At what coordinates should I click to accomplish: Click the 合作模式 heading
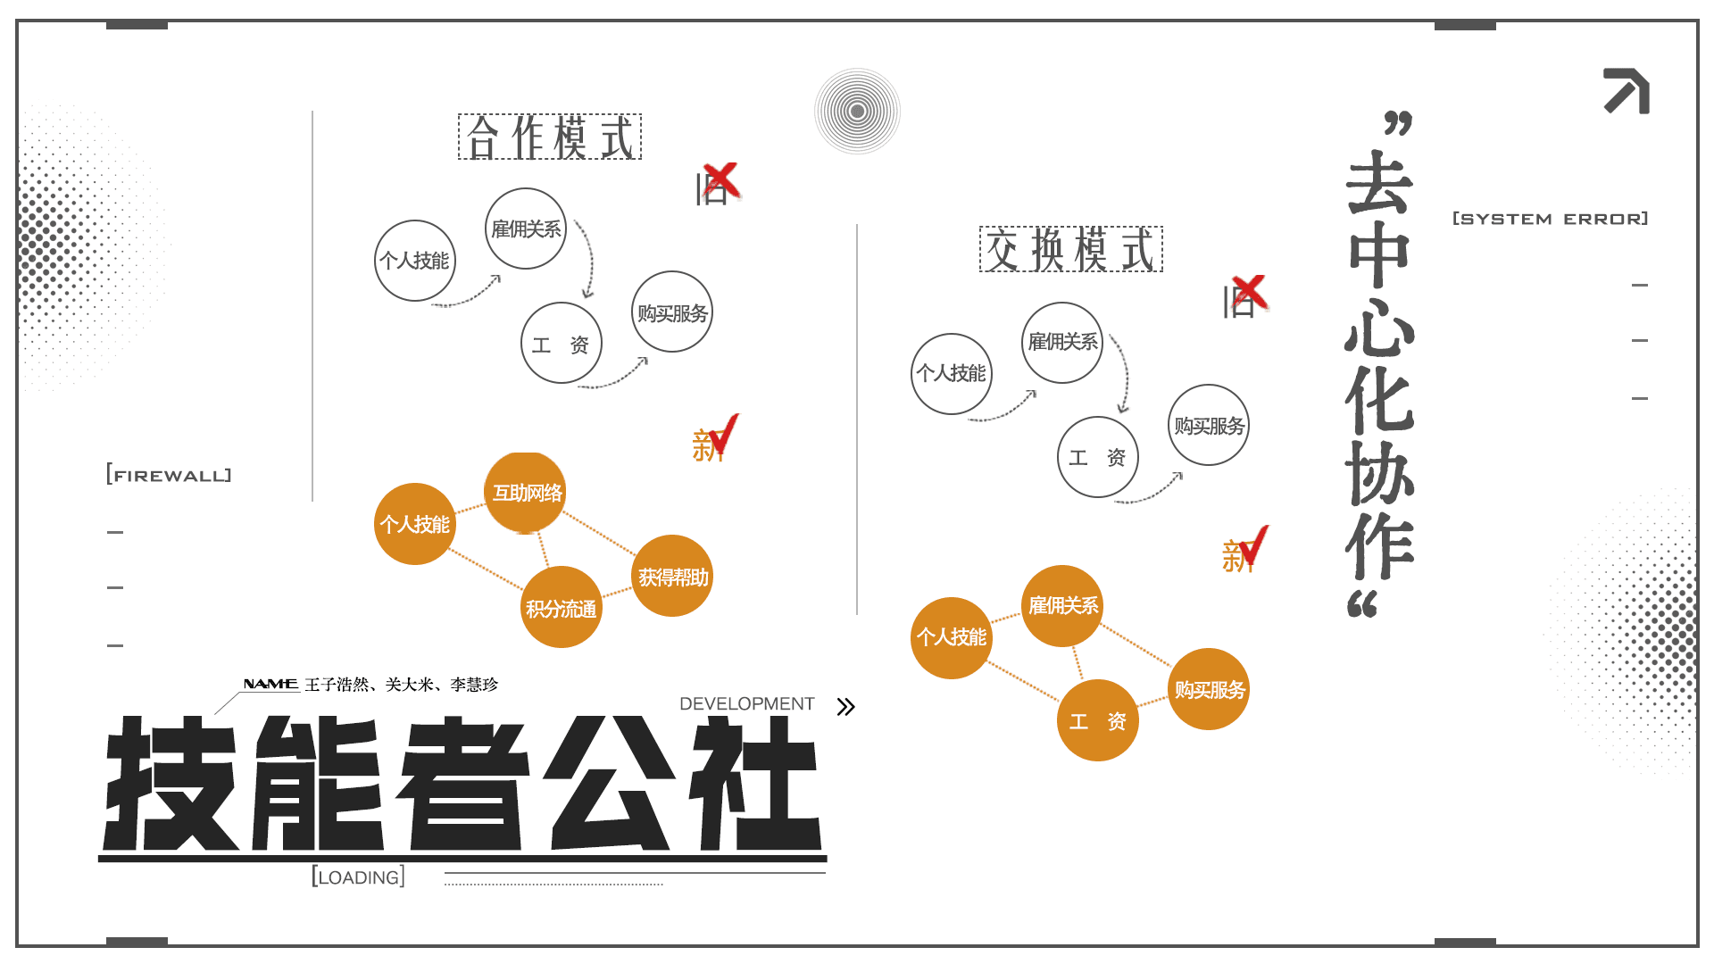(550, 137)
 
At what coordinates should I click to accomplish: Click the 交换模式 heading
(1071, 249)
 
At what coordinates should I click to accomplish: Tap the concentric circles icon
(857, 112)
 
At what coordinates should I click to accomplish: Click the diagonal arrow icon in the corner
(1627, 91)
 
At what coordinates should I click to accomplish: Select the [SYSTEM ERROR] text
(1551, 219)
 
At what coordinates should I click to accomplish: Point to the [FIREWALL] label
(169, 475)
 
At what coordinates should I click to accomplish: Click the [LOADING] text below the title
(359, 877)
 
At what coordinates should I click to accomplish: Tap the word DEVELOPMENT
(747, 703)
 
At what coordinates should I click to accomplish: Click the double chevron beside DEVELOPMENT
(846, 707)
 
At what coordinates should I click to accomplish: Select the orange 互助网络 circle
(526, 493)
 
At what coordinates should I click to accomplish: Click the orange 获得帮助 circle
(672, 577)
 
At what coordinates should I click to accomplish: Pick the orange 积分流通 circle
(562, 608)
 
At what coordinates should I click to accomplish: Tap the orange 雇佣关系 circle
(1062, 606)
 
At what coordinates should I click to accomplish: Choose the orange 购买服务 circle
(1209, 689)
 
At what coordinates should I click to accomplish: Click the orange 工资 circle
(1098, 720)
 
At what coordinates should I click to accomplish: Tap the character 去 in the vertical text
(1380, 183)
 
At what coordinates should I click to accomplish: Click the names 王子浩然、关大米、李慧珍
(402, 685)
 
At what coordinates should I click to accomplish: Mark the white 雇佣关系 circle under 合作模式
(526, 229)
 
